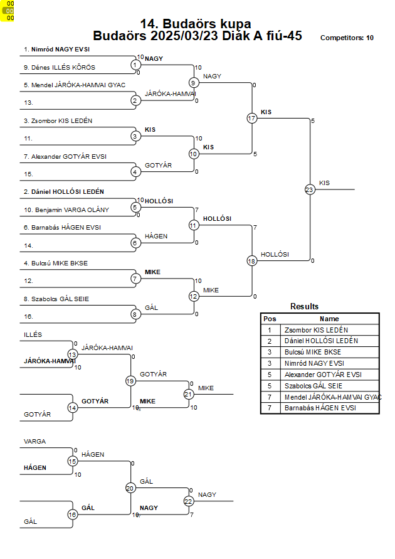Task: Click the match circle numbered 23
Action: pos(309,189)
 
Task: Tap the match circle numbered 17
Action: pos(252,118)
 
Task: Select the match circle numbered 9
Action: pos(193,83)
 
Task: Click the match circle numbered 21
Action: pos(189,394)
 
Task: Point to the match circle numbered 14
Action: pos(72,407)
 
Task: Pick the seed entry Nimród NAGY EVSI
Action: pos(56,49)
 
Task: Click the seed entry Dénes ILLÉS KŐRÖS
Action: pos(60,67)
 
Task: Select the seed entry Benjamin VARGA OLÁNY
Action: pos(66,210)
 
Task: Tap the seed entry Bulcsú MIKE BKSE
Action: pos(56,263)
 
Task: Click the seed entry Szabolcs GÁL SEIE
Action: pos(56,299)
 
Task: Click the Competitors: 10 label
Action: pos(347,38)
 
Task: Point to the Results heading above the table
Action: pos(304,306)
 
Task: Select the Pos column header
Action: pos(270,319)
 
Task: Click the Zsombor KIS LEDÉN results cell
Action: pos(316,330)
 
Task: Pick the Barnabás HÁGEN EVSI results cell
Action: pos(320,408)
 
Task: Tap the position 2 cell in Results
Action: pos(270,341)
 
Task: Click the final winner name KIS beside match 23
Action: pos(324,183)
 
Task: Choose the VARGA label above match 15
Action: pos(34,441)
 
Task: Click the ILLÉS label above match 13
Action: pos(33,334)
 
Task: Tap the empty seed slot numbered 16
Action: pos(28,317)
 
